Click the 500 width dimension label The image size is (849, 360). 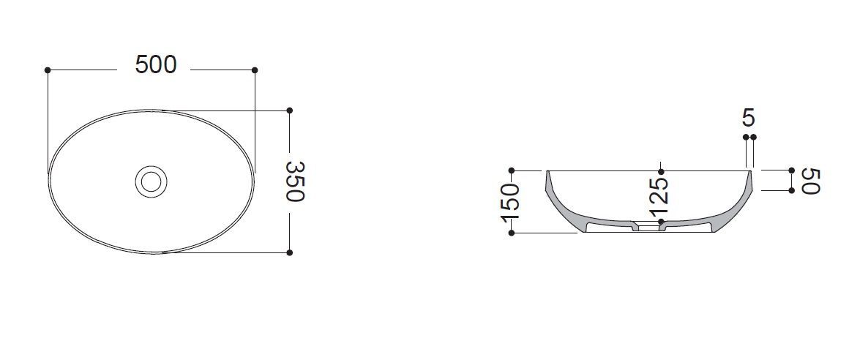[156, 65]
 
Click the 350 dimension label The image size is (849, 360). [295, 181]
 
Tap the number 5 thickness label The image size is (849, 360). [749, 118]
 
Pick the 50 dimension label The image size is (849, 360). [812, 181]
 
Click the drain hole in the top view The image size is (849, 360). [151, 181]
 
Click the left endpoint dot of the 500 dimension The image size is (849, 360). [48, 70]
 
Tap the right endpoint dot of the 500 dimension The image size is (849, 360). [255, 70]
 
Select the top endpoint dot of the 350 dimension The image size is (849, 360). [290, 110]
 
